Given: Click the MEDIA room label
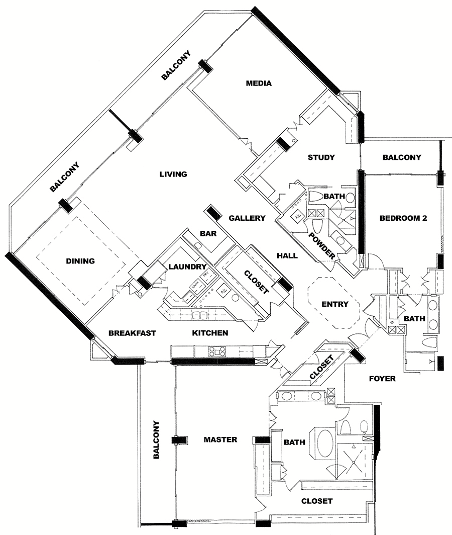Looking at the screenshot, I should (x=259, y=83).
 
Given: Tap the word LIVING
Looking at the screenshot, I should (x=173, y=174).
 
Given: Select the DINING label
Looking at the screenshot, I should (x=80, y=261).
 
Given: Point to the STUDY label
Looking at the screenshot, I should (x=321, y=157).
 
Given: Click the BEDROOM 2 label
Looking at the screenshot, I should (x=403, y=218).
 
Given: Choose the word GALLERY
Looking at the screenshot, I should (x=247, y=218).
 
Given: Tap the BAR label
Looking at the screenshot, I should (x=208, y=234).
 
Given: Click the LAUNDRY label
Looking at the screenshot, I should (x=188, y=266).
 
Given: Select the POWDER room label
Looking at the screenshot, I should (x=322, y=246).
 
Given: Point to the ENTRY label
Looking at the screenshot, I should (x=334, y=304).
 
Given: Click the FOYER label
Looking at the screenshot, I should (x=382, y=379).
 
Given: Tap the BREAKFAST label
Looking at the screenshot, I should (x=132, y=333).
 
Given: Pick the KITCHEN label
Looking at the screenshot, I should (x=210, y=333).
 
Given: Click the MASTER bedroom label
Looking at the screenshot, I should (x=220, y=439).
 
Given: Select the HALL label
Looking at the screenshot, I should (x=287, y=255).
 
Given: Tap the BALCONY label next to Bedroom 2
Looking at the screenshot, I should (x=402, y=157).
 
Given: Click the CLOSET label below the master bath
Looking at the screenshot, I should (x=316, y=501).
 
